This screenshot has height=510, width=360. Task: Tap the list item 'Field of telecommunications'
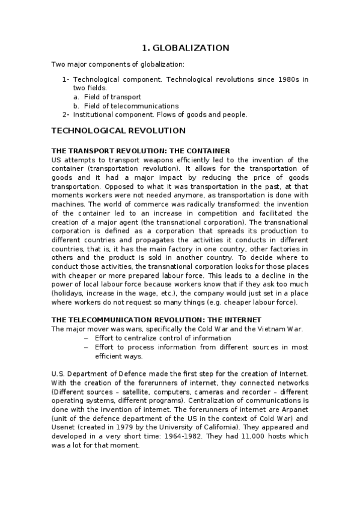point(131,106)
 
